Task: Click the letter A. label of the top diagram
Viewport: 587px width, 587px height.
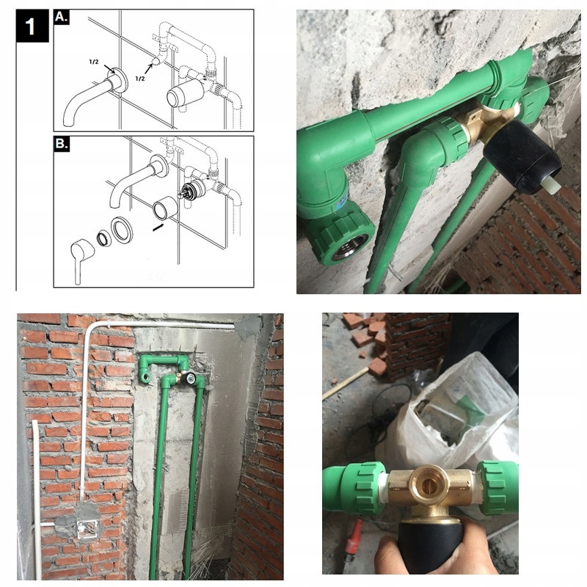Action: pos(62,17)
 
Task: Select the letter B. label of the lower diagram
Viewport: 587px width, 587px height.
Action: pos(62,143)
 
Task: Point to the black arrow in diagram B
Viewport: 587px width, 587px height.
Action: pos(158,227)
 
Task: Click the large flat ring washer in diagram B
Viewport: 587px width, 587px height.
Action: pos(122,230)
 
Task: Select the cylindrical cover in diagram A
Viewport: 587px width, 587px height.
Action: pos(185,94)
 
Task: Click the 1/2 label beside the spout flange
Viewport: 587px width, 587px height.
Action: pos(95,62)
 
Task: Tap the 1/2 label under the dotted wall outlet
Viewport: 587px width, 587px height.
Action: pos(140,79)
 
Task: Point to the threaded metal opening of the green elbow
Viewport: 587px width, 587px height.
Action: pos(350,247)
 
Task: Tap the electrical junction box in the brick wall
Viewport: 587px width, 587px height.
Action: pos(87,527)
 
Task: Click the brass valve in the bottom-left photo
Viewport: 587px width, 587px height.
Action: pos(186,379)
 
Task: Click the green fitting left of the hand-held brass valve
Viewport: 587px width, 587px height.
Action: pos(355,488)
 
